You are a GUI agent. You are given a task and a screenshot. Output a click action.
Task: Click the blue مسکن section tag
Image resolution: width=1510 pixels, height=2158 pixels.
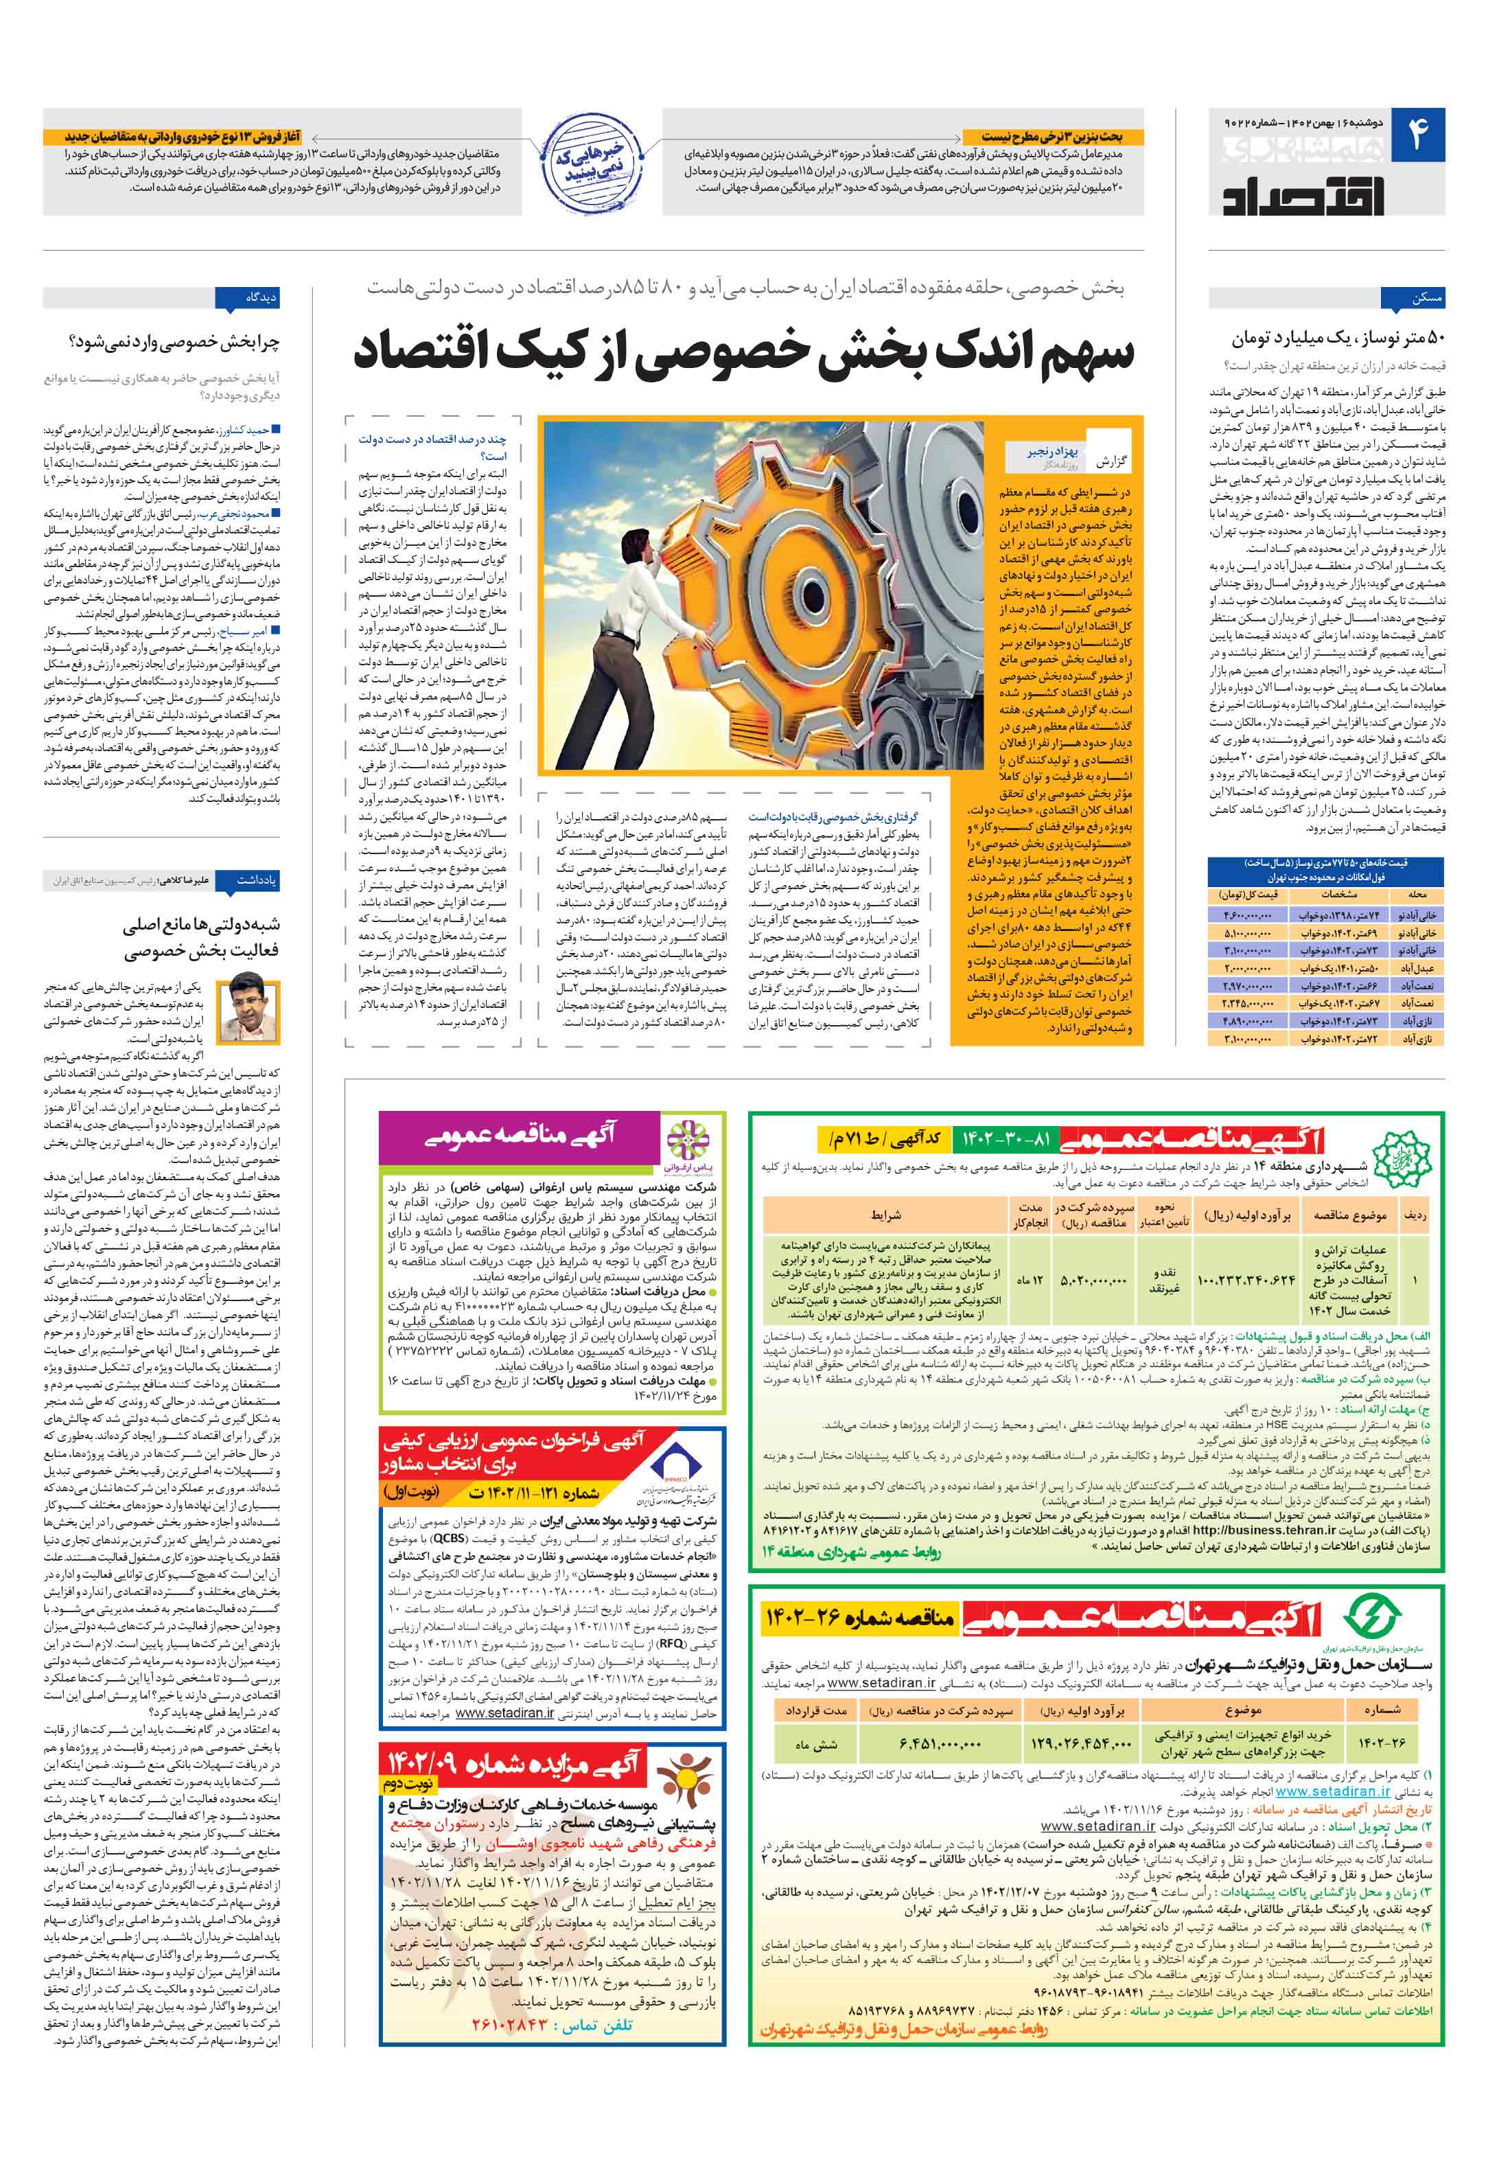(x=1413, y=298)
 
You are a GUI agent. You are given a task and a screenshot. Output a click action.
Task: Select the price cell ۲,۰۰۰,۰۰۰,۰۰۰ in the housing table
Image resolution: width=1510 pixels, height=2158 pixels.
(x=1248, y=967)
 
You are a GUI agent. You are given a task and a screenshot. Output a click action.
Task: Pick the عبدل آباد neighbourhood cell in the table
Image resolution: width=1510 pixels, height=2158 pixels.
(x=1417, y=967)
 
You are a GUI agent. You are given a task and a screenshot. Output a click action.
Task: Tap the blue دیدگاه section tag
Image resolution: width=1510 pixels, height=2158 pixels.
(x=247, y=298)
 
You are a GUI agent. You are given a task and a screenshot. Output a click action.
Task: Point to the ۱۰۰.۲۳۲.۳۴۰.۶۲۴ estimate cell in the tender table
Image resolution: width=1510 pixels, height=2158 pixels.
(x=1246, y=1279)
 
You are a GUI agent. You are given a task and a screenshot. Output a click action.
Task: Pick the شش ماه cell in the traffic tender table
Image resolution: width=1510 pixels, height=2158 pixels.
(x=814, y=1745)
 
